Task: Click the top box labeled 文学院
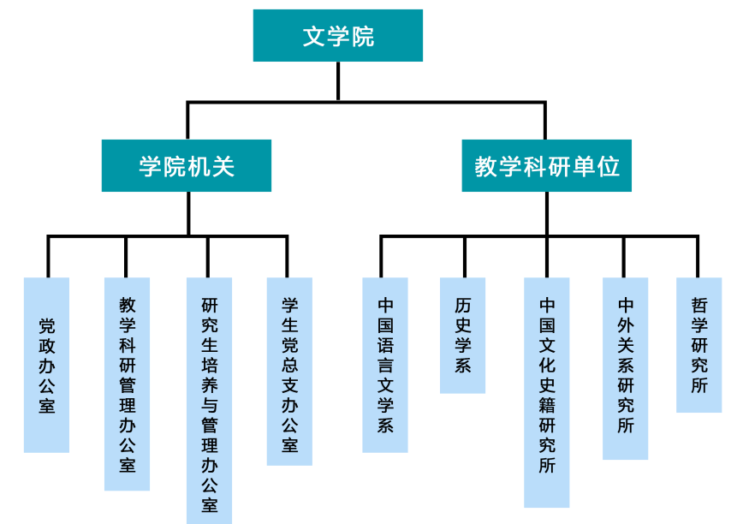pyautogui.click(x=338, y=36)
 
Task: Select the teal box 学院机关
pyautogui.click(x=187, y=165)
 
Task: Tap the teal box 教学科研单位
pyautogui.click(x=546, y=165)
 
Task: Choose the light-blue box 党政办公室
pyautogui.click(x=46, y=365)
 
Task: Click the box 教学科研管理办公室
pyautogui.click(x=127, y=384)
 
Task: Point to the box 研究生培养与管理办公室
pyautogui.click(x=209, y=401)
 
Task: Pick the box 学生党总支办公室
pyautogui.click(x=289, y=372)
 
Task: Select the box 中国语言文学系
pyautogui.click(x=385, y=365)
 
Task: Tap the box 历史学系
pyautogui.click(x=462, y=336)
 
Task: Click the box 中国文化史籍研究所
pyautogui.click(x=547, y=392)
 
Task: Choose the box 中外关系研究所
pyautogui.click(x=626, y=369)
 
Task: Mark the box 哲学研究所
pyautogui.click(x=699, y=345)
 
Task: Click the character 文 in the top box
pyautogui.click(x=313, y=37)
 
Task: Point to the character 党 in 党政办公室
pyautogui.click(x=47, y=326)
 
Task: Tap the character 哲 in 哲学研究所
pyautogui.click(x=699, y=306)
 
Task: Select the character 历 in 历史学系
pyautogui.click(x=463, y=306)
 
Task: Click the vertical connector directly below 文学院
pyautogui.click(x=338, y=81)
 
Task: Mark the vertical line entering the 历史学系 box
pyautogui.click(x=465, y=257)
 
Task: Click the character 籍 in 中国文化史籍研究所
pyautogui.click(x=547, y=406)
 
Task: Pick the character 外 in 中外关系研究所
pyautogui.click(x=626, y=325)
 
